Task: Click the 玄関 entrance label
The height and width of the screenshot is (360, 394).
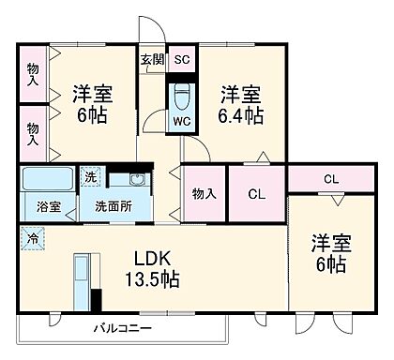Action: tap(151, 59)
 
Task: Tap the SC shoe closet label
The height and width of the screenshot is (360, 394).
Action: tap(182, 59)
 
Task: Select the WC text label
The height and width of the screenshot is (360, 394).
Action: tap(182, 120)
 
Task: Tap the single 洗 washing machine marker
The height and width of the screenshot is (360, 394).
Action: tap(91, 177)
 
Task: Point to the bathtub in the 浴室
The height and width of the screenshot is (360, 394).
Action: tap(49, 177)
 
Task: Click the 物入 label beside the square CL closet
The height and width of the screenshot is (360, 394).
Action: tap(204, 193)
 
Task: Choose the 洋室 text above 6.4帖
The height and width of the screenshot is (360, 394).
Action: tap(241, 95)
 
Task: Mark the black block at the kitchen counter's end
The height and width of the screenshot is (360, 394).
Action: tap(96, 302)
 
